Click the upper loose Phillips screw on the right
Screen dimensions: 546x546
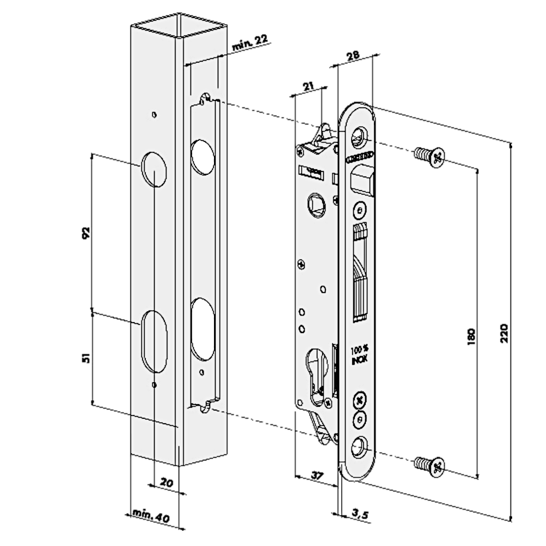[x=430, y=157]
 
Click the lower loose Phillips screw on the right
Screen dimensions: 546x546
[x=430, y=466]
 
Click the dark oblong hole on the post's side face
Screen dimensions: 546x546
[x=202, y=329]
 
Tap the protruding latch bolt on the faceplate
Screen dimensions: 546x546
[x=363, y=181]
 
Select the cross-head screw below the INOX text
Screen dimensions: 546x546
[x=359, y=401]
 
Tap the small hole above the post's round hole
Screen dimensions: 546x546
[x=155, y=115]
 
